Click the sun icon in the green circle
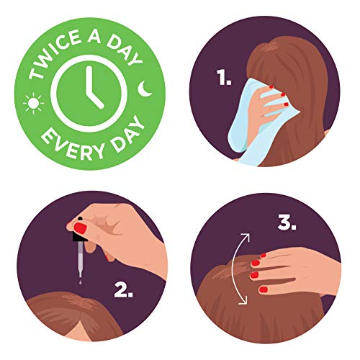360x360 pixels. coord(33,103)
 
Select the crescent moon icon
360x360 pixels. coord(144,89)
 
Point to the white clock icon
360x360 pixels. coord(89,94)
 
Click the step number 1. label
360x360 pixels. coord(224,77)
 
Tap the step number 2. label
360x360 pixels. coord(123,289)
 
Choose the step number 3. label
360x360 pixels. coord(287,222)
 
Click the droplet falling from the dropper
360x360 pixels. coord(80,282)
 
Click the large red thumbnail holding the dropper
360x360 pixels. coord(80,228)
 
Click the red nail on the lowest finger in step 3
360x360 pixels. coord(264,289)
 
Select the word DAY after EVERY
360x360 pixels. coord(127,135)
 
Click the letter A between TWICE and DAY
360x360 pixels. coord(94,36)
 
